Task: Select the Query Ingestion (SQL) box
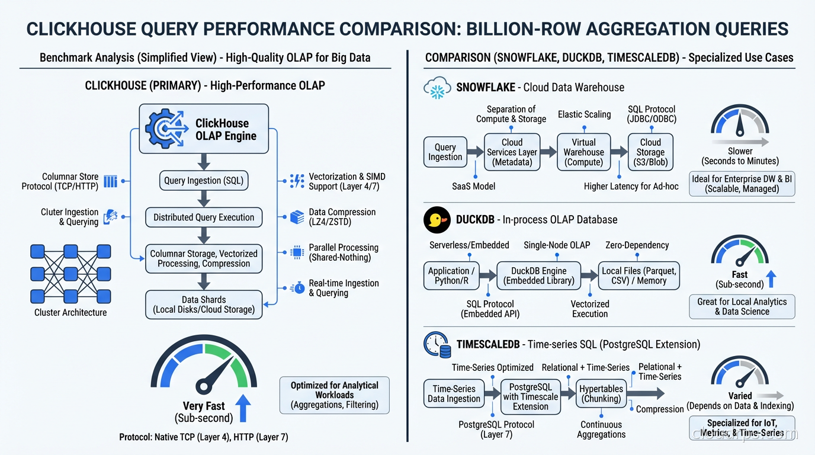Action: click(x=203, y=181)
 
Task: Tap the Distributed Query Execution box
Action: click(x=203, y=217)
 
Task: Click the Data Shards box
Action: click(x=203, y=305)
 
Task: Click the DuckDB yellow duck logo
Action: click(x=437, y=220)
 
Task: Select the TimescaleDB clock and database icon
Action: click(x=437, y=344)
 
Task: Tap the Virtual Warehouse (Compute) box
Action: click(x=583, y=152)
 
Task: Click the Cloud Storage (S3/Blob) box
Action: click(x=650, y=152)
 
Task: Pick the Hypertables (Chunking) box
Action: click(x=601, y=393)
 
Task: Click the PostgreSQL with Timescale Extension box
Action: click(x=530, y=396)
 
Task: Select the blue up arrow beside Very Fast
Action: click(x=243, y=409)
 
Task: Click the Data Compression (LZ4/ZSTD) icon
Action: click(x=297, y=217)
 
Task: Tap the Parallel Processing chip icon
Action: click(x=297, y=252)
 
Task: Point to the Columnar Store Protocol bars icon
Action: click(x=110, y=181)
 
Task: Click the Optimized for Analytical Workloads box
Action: click(x=334, y=395)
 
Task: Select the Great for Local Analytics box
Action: click(x=742, y=306)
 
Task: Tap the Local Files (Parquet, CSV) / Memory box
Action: click(x=638, y=275)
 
